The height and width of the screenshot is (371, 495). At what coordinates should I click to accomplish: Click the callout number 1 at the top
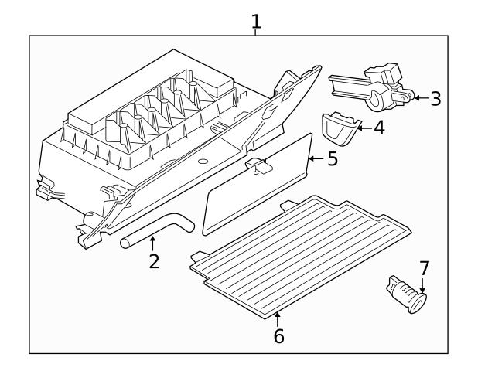[x=256, y=22]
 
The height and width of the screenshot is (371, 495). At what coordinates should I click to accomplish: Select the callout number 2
[x=154, y=261]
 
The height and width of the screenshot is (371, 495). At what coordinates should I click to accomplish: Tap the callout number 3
[x=435, y=98]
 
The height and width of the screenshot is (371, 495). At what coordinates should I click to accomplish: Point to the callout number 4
[x=379, y=128]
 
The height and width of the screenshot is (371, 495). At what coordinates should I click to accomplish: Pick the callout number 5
[x=333, y=158]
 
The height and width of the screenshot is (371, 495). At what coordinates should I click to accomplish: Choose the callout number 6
[x=278, y=336]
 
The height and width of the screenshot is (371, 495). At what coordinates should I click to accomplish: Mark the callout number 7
[x=425, y=268]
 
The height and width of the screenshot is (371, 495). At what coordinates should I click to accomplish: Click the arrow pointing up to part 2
[x=152, y=243]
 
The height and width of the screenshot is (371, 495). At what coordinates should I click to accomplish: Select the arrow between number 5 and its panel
[x=316, y=158]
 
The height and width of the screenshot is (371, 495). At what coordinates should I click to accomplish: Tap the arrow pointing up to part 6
[x=278, y=319]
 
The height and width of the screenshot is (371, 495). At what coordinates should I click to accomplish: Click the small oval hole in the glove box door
[x=203, y=162]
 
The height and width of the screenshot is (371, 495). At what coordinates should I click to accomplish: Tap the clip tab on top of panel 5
[x=259, y=165]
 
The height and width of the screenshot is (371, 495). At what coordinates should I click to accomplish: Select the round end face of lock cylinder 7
[x=418, y=303]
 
